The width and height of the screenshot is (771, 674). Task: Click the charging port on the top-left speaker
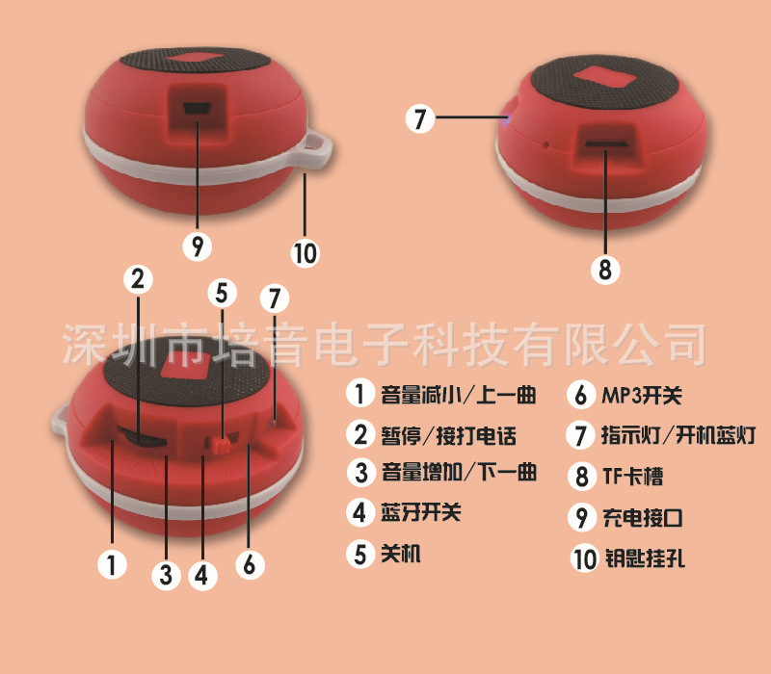click(199, 109)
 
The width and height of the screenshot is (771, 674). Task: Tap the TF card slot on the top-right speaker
click(606, 146)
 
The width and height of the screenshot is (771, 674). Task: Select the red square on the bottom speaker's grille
click(185, 367)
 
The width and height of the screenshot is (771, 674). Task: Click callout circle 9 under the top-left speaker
click(198, 246)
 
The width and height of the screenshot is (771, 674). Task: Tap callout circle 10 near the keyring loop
click(305, 252)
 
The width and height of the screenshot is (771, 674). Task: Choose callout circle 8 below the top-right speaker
click(605, 270)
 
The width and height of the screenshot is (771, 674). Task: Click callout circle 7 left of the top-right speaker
click(416, 120)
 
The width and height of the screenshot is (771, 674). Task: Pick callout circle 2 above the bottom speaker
click(138, 279)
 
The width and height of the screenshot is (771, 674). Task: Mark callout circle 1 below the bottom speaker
click(113, 565)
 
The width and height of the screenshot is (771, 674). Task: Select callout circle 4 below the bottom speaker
click(200, 574)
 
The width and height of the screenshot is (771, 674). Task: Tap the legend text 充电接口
click(642, 518)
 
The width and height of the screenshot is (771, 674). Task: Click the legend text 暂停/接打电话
click(449, 435)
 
